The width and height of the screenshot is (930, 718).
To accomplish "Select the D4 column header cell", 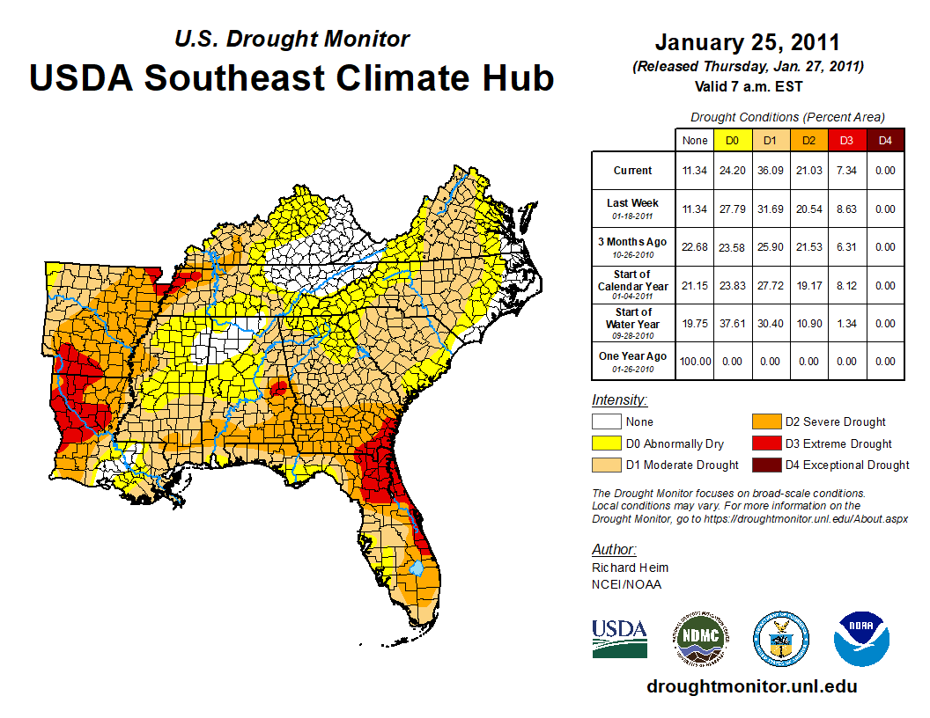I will pyautogui.click(x=885, y=140).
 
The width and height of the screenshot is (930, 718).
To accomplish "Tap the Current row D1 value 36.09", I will pyautogui.click(x=771, y=171).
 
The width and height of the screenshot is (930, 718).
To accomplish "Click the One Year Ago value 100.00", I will pyautogui.click(x=694, y=361).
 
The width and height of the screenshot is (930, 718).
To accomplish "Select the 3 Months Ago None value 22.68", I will pyautogui.click(x=694, y=247).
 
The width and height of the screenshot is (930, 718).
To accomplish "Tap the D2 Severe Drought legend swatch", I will pyautogui.click(x=763, y=422).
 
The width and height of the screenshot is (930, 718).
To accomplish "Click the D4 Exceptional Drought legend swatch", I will pyautogui.click(x=763, y=465).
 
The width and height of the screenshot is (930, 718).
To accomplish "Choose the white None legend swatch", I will pyautogui.click(x=606, y=422).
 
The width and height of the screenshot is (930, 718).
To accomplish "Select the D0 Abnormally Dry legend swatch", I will pyautogui.click(x=606, y=443).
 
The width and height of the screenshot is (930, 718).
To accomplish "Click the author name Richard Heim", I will pyautogui.click(x=630, y=568).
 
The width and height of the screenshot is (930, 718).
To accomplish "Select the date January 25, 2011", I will pyautogui.click(x=747, y=42).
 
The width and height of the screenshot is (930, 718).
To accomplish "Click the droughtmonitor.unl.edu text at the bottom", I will pyautogui.click(x=751, y=686).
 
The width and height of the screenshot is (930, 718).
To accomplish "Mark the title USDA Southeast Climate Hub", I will pyautogui.click(x=292, y=77).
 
